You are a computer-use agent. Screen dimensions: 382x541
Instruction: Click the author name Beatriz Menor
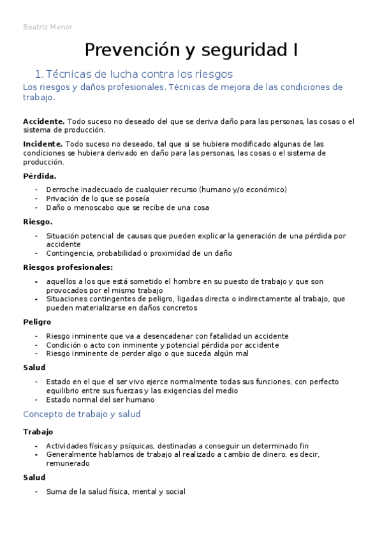[48, 27]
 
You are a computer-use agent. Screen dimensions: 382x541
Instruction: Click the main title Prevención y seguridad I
[191, 50]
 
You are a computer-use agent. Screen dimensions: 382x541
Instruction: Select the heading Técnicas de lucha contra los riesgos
[140, 74]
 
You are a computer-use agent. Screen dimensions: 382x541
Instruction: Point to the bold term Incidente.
[43, 144]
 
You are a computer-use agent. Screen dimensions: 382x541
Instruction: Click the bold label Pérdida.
[40, 176]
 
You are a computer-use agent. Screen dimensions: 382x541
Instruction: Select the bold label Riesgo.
[38, 222]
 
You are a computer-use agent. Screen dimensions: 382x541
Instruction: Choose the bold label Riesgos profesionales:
[68, 267]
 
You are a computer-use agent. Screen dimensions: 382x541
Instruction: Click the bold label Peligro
[37, 322]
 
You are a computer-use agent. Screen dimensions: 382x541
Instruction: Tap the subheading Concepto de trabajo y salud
[82, 414]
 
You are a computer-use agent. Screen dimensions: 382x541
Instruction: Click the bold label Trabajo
[38, 432]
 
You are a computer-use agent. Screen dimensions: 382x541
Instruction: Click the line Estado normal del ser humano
[100, 400]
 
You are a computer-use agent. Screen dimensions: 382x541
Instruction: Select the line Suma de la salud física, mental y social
[116, 491]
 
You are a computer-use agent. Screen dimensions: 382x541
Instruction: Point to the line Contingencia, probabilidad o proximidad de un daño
[139, 253]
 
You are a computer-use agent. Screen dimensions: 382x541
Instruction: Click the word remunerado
[68, 464]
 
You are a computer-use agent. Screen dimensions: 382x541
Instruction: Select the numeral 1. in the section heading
[39, 74]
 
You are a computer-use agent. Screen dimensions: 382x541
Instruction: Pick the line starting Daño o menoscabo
[128, 207]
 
